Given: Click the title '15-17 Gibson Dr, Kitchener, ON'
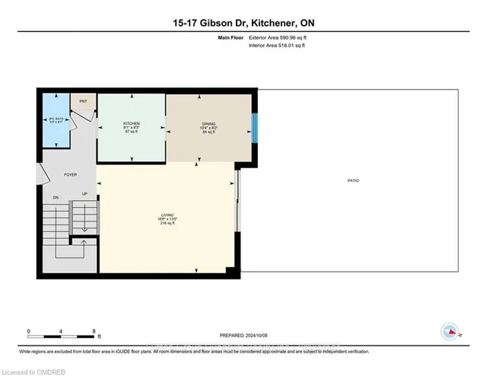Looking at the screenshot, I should pos(243,23).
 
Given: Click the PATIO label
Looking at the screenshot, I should pos(354,180).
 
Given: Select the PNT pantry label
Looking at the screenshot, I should pos(82,100).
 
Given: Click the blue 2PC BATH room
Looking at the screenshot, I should pos(55,121).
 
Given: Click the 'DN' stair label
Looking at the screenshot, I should pos(56,198).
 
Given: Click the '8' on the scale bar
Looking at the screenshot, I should pos(93,331).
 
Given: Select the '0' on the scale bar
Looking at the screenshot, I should pos(28,331).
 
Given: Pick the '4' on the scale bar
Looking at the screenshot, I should pos(61,331).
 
